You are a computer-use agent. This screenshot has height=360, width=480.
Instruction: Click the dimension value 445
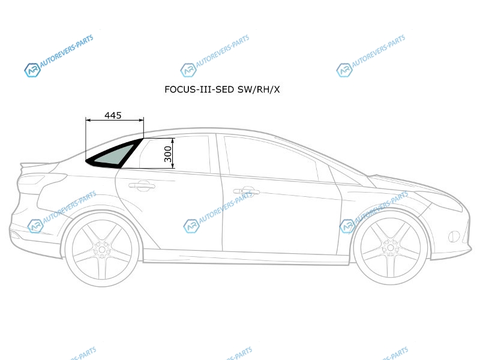(x=113, y=115)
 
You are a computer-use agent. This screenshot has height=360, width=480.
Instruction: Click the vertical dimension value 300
(x=168, y=154)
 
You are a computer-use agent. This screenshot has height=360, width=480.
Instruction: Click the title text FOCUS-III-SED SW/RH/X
(x=222, y=89)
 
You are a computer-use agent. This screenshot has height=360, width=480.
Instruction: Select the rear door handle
(x=142, y=185)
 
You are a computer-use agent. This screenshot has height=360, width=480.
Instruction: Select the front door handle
(x=247, y=191)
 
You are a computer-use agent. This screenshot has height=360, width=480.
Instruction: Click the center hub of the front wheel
(x=391, y=247)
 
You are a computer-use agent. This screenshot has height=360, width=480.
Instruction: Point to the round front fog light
(x=454, y=236)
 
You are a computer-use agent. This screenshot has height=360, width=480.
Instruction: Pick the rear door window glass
(x=175, y=155)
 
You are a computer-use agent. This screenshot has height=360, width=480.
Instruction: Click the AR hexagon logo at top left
(x=32, y=70)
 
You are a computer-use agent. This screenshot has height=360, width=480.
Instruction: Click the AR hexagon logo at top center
(x=188, y=70)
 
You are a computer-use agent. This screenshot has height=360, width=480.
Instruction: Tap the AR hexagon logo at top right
(x=344, y=70)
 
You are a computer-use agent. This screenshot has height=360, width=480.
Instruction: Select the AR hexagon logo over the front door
(x=191, y=226)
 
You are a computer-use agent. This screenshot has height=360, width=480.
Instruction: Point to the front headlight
(x=441, y=200)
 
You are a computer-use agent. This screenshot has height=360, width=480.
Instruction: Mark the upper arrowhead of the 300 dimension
(x=173, y=140)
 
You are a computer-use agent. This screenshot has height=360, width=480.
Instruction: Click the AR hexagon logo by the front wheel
(x=347, y=226)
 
